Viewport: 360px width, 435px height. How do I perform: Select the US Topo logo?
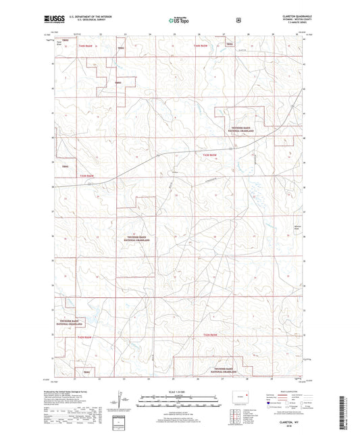click(179, 20)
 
